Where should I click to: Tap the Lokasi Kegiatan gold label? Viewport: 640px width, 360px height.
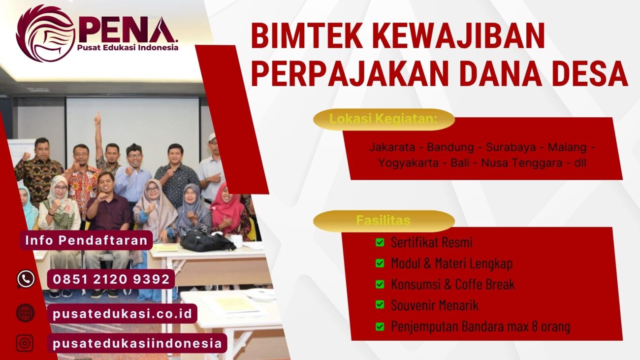pyautogui.click(x=384, y=119)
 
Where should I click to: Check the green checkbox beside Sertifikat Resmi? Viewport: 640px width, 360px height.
pyautogui.click(x=380, y=242)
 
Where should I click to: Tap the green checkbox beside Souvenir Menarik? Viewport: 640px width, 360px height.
pyautogui.click(x=380, y=305)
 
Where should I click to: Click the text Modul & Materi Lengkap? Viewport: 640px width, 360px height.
pyautogui.click(x=451, y=263)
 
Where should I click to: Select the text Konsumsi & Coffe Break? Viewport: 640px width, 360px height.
pyautogui.click(x=452, y=284)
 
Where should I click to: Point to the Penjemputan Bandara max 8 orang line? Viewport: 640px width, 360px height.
pyautogui.click(x=480, y=326)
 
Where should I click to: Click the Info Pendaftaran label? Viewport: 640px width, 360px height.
pyautogui.click(x=86, y=240)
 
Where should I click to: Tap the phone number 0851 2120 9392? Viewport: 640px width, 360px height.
pyautogui.click(x=111, y=279)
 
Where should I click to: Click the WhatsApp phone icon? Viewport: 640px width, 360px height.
pyautogui.click(x=26, y=279)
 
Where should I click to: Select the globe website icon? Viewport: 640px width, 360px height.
pyautogui.click(x=25, y=313)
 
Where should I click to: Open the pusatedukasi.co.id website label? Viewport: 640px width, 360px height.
pyautogui.click(x=122, y=313)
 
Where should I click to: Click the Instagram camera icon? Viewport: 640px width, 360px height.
pyautogui.click(x=25, y=343)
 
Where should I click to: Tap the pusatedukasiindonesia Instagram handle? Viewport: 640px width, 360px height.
pyautogui.click(x=137, y=343)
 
